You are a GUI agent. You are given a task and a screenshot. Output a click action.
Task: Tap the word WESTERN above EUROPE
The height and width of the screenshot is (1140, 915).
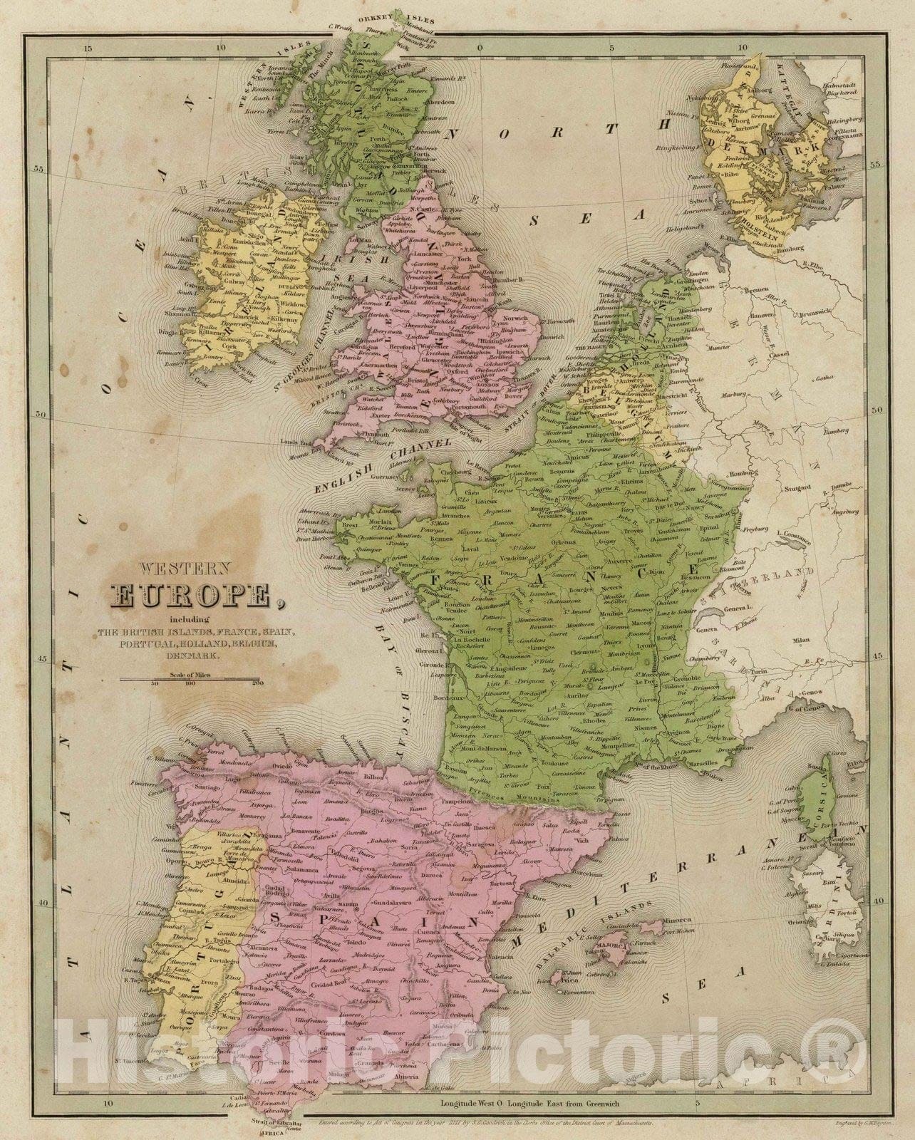click(x=185, y=569)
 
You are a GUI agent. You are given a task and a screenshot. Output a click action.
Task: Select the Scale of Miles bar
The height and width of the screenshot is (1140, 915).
click(x=190, y=678)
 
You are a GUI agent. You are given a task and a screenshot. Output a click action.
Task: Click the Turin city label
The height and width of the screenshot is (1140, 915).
click(x=767, y=672)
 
